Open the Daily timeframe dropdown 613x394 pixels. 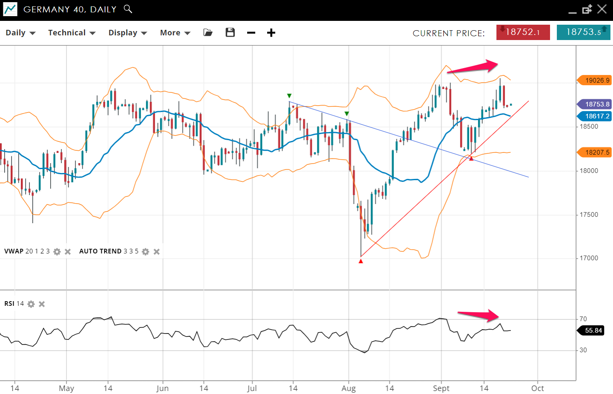point(20,33)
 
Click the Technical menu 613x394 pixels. point(71,33)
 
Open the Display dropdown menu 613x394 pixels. point(127,33)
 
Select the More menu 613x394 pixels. point(175,33)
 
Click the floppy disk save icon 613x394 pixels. point(230,32)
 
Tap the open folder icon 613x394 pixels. point(208,32)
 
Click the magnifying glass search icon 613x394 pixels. point(128,9)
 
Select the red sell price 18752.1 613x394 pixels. point(523,32)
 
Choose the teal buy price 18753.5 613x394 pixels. point(583,32)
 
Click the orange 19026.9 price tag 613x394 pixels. point(596,81)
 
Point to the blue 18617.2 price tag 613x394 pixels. point(596,116)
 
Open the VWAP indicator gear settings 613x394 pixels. point(57,252)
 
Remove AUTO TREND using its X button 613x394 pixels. point(157,252)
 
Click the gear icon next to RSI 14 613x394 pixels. point(31,304)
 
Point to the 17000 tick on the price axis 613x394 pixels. point(589,258)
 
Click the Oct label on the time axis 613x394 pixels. point(538,388)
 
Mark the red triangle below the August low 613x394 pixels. point(361,261)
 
